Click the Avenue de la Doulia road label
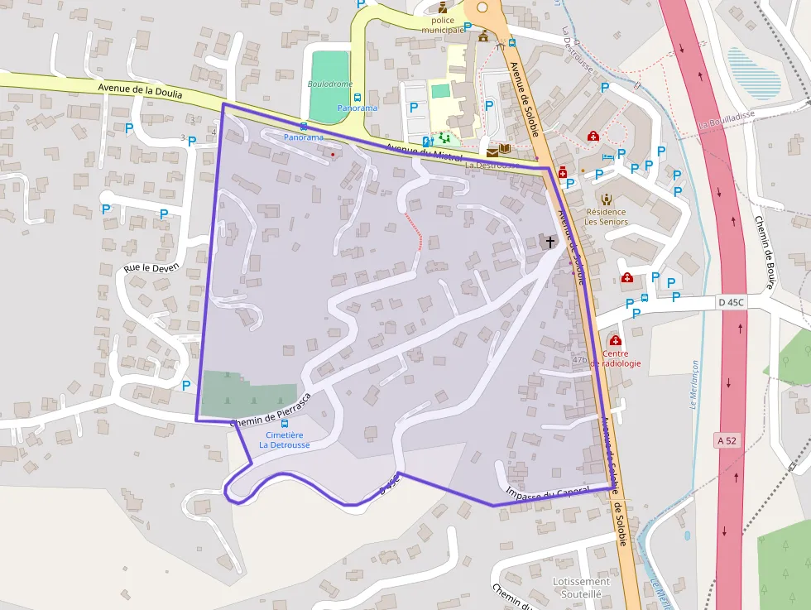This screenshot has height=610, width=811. (140, 89)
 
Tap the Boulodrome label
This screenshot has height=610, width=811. (329, 84)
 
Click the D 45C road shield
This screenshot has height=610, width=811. (732, 303)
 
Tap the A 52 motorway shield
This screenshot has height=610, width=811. (726, 440)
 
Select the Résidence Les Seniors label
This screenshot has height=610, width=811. (606, 216)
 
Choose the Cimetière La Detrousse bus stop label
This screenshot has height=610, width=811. (285, 439)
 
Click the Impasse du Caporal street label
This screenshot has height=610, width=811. (545, 495)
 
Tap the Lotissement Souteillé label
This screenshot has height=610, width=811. (581, 587)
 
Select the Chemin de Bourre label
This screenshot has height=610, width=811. (763, 252)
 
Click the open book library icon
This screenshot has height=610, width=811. (505, 148)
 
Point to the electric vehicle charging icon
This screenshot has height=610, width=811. (427, 142)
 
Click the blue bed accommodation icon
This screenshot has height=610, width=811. (607, 156)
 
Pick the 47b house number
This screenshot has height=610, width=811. (579, 359)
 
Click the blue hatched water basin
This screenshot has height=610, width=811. (753, 73)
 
